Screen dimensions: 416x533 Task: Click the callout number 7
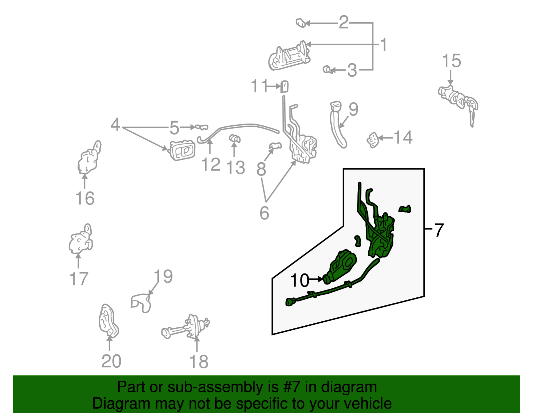[x=439, y=230]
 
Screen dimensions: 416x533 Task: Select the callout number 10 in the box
[x=300, y=280]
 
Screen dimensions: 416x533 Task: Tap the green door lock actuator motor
[x=340, y=266]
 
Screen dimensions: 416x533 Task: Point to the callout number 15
[x=451, y=61]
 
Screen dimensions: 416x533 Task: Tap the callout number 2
[x=343, y=22]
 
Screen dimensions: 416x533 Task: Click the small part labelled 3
[x=327, y=70]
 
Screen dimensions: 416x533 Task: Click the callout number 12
[x=211, y=164]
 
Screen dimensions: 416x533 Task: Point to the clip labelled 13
[x=235, y=139]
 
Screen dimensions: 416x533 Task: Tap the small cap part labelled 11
[x=284, y=87]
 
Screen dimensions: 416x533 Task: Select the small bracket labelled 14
[x=372, y=140]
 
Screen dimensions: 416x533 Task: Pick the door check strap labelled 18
[x=187, y=328]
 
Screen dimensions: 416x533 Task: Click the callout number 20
[x=111, y=361]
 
